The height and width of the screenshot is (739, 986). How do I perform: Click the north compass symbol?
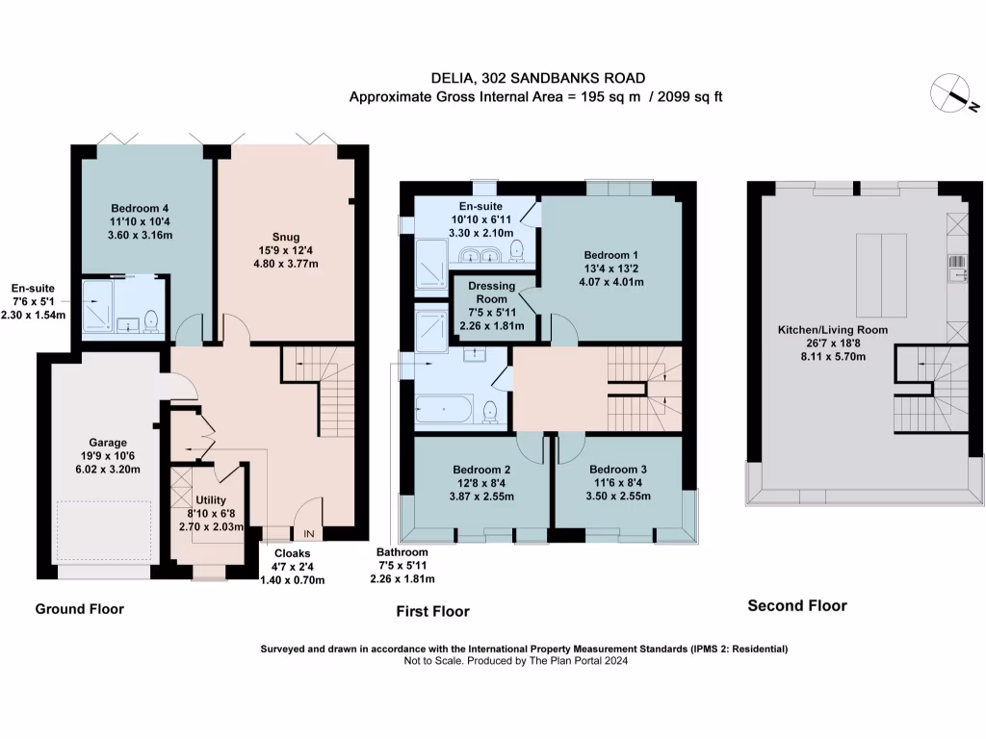955,94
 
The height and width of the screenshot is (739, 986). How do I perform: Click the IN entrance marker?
309,534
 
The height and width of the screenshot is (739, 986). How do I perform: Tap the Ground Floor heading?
80,609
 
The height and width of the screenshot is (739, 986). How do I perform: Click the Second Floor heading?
797,605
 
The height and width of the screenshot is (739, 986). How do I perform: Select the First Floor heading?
433,611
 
